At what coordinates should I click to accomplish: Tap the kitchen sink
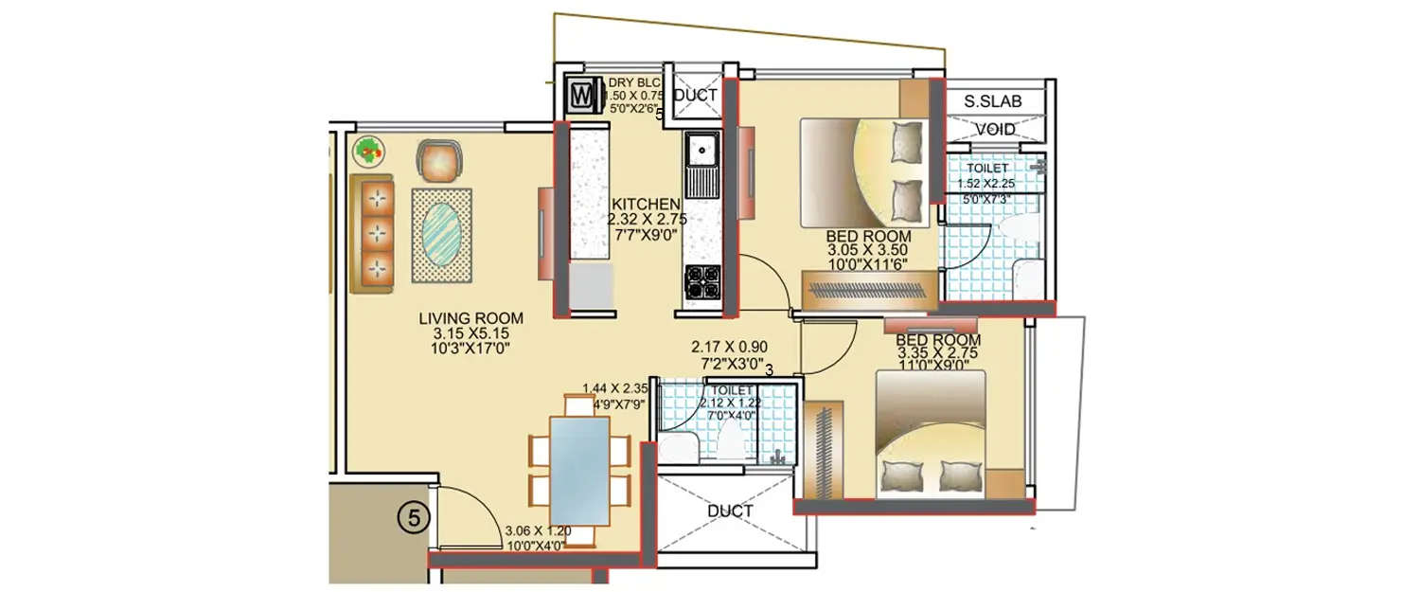pyautogui.click(x=701, y=149)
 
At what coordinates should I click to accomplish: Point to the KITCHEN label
pyautogui.click(x=646, y=204)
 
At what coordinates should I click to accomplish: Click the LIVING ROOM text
pyautogui.click(x=471, y=319)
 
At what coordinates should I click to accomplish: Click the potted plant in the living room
pyautogui.click(x=369, y=149)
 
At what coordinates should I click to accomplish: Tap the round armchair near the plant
pyautogui.click(x=441, y=161)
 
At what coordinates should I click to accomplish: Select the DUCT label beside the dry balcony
pyautogui.click(x=696, y=96)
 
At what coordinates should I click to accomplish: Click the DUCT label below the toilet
pyautogui.click(x=730, y=511)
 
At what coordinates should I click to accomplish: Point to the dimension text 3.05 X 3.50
pyautogui.click(x=868, y=251)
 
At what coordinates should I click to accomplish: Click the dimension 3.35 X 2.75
pyautogui.click(x=937, y=352)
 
